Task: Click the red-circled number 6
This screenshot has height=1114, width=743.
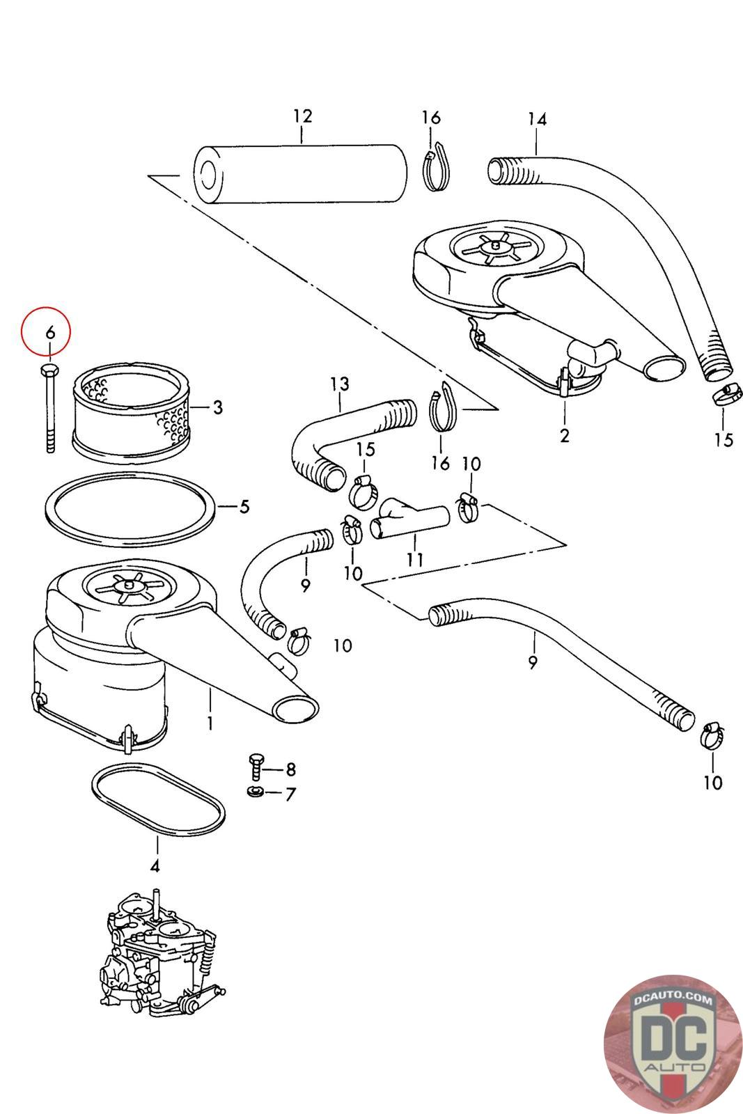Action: (x=49, y=332)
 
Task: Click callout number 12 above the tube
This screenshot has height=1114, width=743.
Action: (x=302, y=116)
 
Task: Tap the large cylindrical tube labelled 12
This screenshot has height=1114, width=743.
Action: (x=299, y=174)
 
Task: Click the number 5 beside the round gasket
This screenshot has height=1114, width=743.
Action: (x=244, y=506)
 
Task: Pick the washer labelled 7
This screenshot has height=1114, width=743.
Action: (x=254, y=792)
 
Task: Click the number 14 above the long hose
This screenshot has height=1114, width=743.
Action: (x=537, y=119)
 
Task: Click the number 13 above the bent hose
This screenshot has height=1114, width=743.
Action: (x=340, y=384)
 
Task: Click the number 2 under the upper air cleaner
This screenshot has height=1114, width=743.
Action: (x=564, y=436)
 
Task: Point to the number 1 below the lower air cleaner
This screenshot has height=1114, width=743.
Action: (x=210, y=723)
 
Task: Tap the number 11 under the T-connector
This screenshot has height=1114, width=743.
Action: (x=415, y=559)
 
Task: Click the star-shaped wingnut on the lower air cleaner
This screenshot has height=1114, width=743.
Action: (x=128, y=587)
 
